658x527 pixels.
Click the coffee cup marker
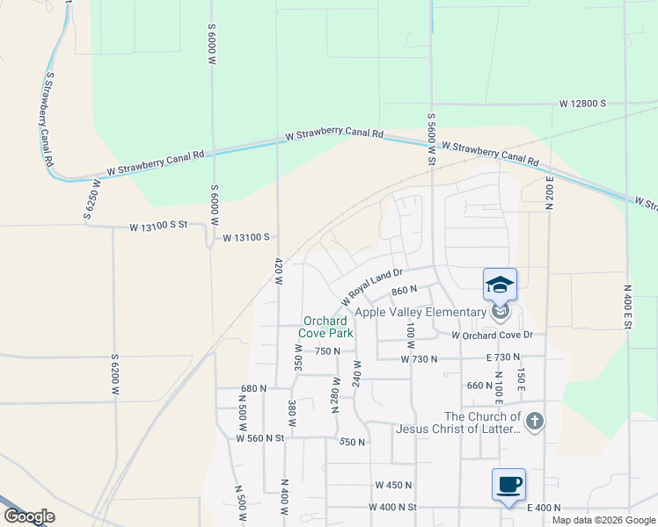pyautogui.click(x=508, y=484)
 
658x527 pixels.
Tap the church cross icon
pyautogui.click(x=536, y=422)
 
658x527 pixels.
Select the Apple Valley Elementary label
pyautogui.click(x=420, y=312)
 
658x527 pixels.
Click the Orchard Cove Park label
pyautogui.click(x=327, y=327)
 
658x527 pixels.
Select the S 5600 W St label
pyautogui.click(x=431, y=140)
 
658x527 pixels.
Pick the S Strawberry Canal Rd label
pyautogui.click(x=48, y=119)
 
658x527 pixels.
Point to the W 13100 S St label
pyautogui.click(x=159, y=227)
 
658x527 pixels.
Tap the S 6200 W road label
pyautogui.click(x=114, y=379)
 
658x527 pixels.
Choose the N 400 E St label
pyautogui.click(x=628, y=307)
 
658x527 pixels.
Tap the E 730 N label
pyautogui.click(x=503, y=358)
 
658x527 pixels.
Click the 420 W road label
pyautogui.click(x=278, y=271)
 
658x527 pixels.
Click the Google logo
pyautogui.click(x=29, y=516)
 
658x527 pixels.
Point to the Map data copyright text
pyautogui.click(x=603, y=520)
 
